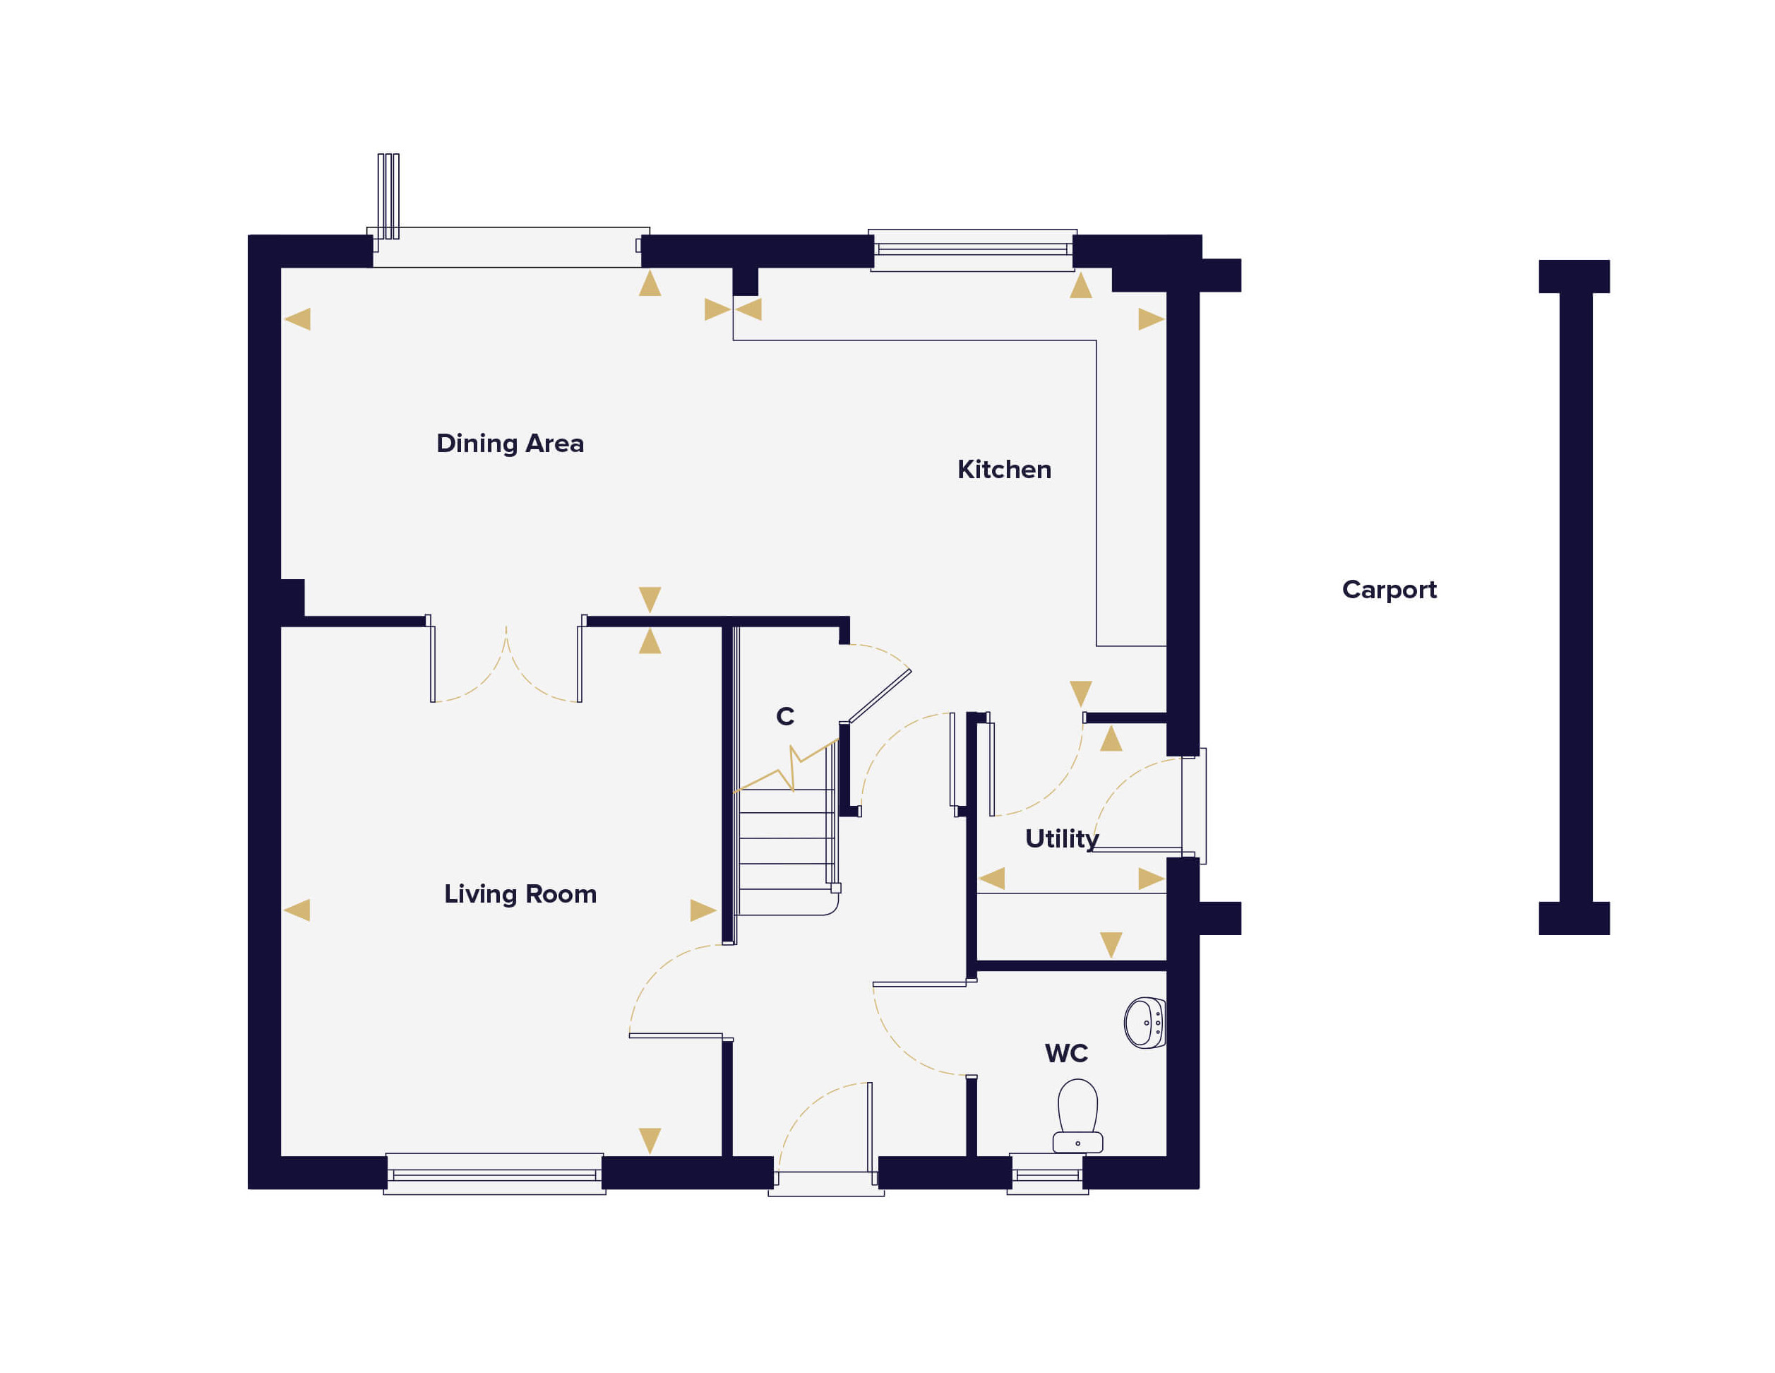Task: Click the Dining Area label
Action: tap(510, 443)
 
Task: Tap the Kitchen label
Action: tap(1004, 469)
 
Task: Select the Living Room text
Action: tap(520, 893)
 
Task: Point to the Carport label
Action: tap(1389, 589)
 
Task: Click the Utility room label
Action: tap(1061, 838)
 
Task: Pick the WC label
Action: tap(1065, 1054)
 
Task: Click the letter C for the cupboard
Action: tap(784, 716)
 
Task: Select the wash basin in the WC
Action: tap(1145, 1023)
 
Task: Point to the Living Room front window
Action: tap(494, 1174)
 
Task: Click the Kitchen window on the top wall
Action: tap(972, 249)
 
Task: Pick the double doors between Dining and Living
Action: tap(506, 662)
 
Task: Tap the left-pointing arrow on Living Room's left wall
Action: tap(297, 910)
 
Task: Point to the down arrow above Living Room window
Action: tap(650, 1140)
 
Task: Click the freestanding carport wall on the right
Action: tap(1575, 597)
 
